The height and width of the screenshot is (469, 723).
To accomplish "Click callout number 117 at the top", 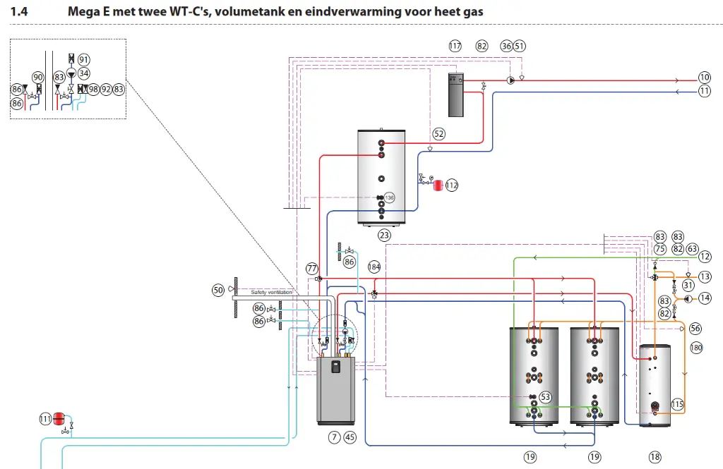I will pos(455,46).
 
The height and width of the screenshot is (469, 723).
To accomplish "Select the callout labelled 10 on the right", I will pos(704,78).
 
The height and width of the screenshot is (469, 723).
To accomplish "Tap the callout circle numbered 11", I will pos(704,91).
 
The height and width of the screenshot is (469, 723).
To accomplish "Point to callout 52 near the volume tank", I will pos(439,133).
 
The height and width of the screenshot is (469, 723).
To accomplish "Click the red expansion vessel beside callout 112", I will pos(438,185).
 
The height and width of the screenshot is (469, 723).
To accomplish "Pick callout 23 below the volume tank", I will pos(384,235).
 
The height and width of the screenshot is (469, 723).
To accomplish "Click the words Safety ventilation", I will pos(271,292).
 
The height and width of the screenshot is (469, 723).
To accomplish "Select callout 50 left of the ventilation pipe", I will pos(218,289).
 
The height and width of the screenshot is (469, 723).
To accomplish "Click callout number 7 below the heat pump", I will pos(334,437).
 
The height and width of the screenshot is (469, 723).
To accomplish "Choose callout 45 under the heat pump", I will pos(350,437).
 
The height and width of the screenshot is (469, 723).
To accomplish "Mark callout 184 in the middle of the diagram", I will pos(374,267).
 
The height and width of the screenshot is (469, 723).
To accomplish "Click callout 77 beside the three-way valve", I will pos(312,268).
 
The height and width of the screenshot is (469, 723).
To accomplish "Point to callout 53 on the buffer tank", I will pos(544,398).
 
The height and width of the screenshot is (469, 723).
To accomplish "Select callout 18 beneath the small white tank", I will pos(655,457).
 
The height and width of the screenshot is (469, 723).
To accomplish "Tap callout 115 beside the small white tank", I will pos(677,405).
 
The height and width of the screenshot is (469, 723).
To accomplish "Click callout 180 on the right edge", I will pos(696,347).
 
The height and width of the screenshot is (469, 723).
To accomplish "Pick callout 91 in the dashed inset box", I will pos(84,59).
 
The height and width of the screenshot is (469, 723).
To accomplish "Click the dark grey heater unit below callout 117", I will pos(457,94).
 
